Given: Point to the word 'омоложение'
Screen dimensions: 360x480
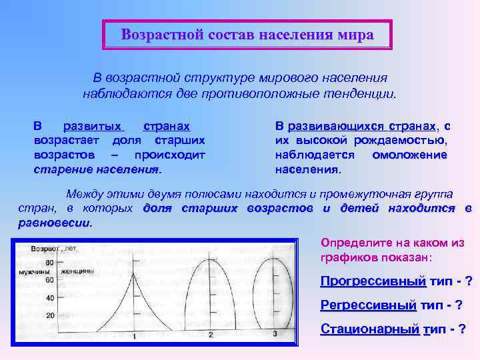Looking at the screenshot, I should (409, 155).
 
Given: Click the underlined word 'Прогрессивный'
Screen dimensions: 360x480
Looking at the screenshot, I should (373, 281).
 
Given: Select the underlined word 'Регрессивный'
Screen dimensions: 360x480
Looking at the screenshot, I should (368, 305).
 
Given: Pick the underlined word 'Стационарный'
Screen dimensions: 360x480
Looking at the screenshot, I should (370, 329).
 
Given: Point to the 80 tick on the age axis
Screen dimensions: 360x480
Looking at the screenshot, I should (49, 263).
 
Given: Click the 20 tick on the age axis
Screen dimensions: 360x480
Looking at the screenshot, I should (49, 316).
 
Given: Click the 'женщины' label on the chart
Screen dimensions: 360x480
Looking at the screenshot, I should (76, 271).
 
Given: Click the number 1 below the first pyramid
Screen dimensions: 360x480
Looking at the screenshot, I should (135, 336).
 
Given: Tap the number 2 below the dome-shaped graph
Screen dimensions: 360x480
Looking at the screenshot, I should (210, 333).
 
